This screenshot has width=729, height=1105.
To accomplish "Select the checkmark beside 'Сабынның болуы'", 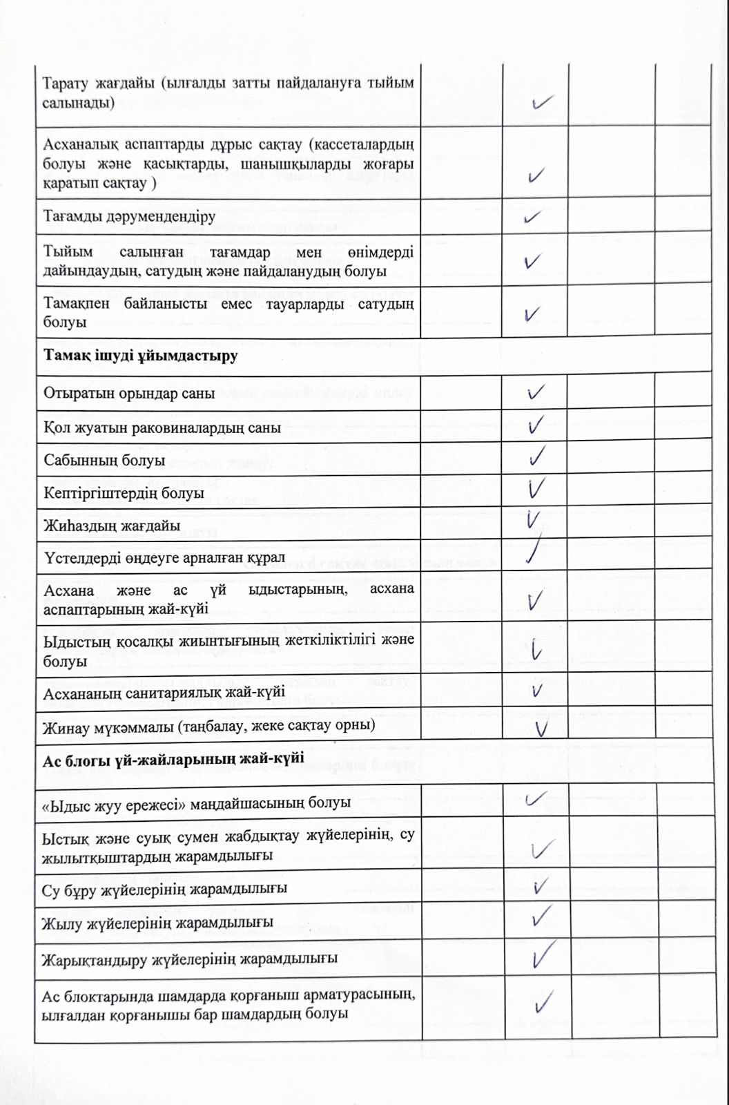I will click(x=536, y=457).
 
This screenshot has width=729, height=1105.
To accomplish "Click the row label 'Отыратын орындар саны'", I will click(x=129, y=394).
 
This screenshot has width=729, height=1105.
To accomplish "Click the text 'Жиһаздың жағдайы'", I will click(x=112, y=526).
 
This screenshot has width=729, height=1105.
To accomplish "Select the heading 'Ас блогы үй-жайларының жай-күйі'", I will click(x=173, y=759).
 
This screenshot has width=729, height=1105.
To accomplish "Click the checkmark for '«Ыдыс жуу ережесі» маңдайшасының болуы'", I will click(x=536, y=800).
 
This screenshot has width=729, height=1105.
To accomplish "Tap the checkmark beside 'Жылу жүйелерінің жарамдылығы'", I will click(x=541, y=916).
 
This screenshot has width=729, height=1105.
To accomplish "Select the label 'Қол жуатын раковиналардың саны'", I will click(x=162, y=427).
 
